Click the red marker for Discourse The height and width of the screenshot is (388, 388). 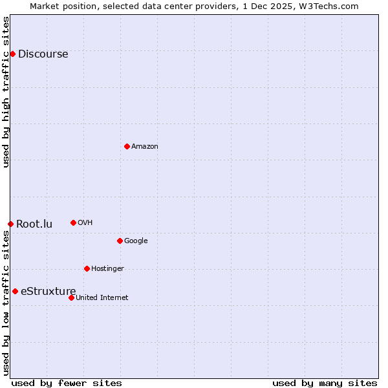[12, 54]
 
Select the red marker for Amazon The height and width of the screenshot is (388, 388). [127, 146]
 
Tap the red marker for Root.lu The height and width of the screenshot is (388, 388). [10, 224]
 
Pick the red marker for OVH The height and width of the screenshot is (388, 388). [73, 222]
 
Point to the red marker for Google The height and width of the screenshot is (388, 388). [120, 241]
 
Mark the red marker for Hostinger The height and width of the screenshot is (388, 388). [87, 268]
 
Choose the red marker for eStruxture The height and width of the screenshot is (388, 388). [15, 291]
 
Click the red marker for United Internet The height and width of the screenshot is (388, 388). [71, 297]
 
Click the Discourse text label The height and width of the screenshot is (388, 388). [43, 54]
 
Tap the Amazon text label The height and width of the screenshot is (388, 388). [145, 147]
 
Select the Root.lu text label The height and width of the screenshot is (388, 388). [34, 224]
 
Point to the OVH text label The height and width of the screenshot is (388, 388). [85, 223]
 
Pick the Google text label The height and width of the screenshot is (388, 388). [136, 241]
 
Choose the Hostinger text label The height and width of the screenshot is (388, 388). [107, 269]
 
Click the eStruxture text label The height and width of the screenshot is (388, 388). [48, 292]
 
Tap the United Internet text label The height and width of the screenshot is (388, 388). [102, 298]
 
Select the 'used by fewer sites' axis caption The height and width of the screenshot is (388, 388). [67, 383]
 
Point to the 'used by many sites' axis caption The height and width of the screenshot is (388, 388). [325, 383]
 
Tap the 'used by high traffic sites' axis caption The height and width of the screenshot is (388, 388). [6, 92]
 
